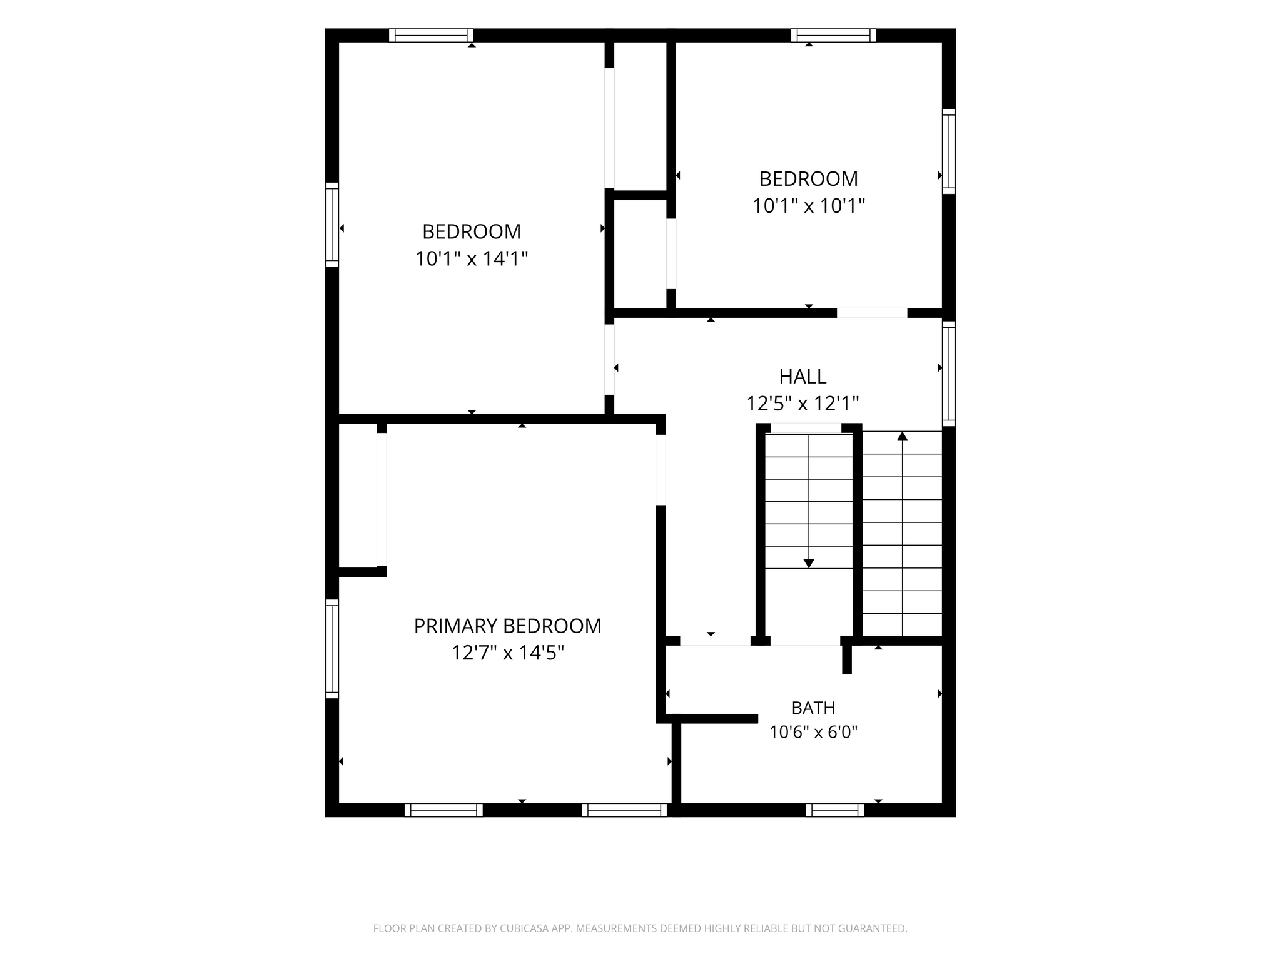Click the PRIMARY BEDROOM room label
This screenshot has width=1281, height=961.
pos(507,626)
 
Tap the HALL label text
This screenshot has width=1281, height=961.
pos(803,377)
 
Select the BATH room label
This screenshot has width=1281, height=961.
pos(813,708)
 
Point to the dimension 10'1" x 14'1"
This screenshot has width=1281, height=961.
pos(472,258)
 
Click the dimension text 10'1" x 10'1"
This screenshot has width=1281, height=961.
pos(808,206)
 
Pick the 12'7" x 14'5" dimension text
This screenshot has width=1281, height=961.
pos(508,653)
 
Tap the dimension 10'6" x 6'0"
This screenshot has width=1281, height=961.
pos(813,732)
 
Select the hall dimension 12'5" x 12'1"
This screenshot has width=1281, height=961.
pos(803,404)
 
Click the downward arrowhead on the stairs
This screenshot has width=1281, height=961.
pos(809,563)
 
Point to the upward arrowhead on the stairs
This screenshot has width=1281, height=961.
pos(902,436)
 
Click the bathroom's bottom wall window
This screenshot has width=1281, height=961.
pos(834,810)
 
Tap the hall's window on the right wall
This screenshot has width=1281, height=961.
pos(949,374)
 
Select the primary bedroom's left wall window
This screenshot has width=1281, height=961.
pos(332,649)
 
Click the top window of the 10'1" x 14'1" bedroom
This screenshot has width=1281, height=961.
pos(431,36)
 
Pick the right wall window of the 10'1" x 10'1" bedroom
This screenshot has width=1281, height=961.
pos(949,151)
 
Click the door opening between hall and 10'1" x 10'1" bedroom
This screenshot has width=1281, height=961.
pos(872,313)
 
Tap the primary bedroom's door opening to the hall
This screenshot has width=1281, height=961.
pos(661,469)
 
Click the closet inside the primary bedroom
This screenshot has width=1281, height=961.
pos(358,496)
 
